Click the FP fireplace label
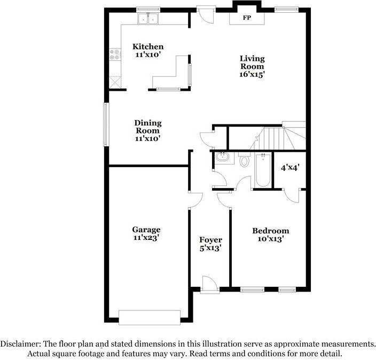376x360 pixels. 247,18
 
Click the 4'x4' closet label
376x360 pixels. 290,167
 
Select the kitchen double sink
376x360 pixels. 148,19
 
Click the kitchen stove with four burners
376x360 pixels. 114,54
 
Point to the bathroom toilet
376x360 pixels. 244,160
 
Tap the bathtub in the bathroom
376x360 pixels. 262,170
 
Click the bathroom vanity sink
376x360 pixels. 222,158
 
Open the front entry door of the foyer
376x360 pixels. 210,284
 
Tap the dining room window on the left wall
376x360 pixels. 106,122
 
